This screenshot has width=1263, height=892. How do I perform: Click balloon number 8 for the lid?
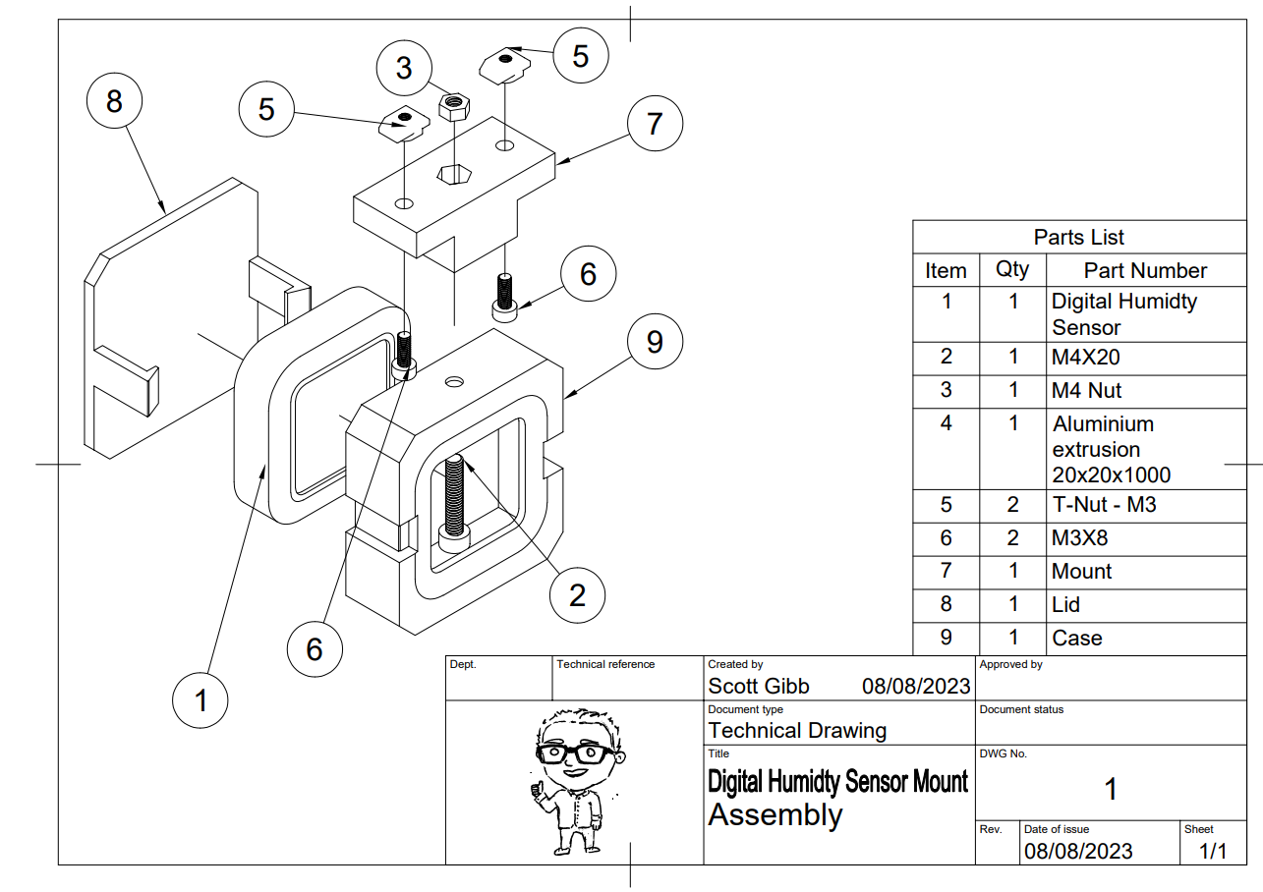click(x=114, y=100)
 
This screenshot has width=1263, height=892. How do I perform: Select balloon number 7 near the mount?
click(x=655, y=124)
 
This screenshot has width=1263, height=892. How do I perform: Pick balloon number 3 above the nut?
click(x=404, y=68)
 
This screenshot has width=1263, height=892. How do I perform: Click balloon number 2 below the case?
click(x=577, y=594)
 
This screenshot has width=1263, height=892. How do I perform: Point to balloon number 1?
click(x=201, y=700)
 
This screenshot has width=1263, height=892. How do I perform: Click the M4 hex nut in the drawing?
click(x=453, y=104)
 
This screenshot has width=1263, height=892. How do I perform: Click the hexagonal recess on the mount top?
click(x=454, y=174)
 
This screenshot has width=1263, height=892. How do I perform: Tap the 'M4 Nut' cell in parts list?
click(x=1087, y=390)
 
